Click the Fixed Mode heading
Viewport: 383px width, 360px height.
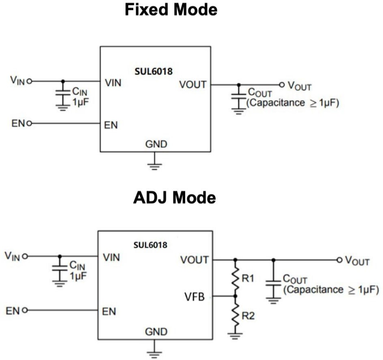[171, 10]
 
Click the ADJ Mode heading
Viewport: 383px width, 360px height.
[174, 197]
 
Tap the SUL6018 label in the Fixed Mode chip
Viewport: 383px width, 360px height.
[153, 71]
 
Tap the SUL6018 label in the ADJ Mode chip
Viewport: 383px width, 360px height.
[150, 245]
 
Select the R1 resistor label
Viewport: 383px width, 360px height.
[248, 278]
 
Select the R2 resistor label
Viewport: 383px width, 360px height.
[248, 316]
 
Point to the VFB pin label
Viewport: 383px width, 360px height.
[195, 297]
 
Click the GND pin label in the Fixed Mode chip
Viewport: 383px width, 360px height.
[156, 144]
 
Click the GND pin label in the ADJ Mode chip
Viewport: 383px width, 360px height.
[156, 332]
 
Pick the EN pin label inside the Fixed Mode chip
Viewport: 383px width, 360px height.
[111, 125]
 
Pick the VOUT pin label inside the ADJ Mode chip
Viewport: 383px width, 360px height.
[195, 260]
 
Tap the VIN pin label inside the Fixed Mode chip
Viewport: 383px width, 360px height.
[113, 83]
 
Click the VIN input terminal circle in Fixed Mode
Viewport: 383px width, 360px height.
[29, 81]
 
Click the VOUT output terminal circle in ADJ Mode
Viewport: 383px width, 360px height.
[339, 260]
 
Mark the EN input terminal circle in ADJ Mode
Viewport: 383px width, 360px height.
[25, 310]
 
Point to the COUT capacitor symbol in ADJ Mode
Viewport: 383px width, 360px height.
[273, 283]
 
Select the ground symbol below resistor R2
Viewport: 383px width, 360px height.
[235, 336]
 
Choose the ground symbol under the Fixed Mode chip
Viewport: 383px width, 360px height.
[154, 166]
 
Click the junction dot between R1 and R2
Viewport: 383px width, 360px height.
[235, 296]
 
